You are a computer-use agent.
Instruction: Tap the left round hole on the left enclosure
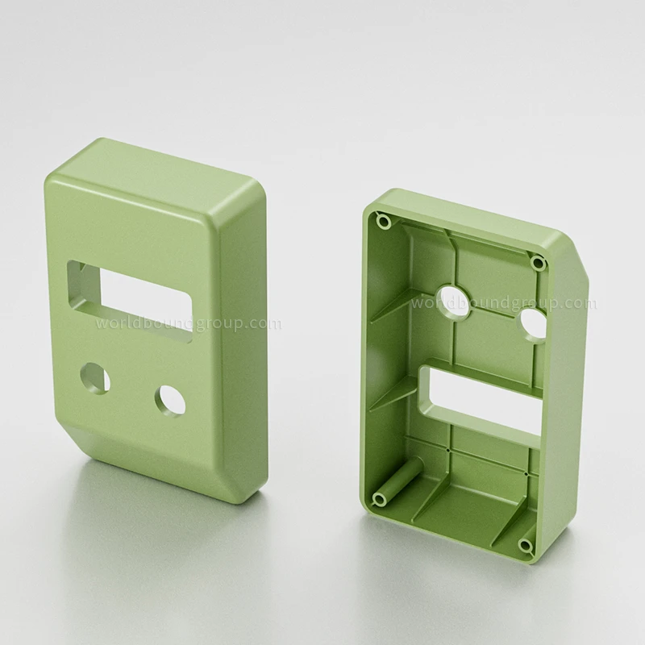(x=98, y=377)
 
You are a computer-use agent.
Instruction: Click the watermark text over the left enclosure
(x=189, y=324)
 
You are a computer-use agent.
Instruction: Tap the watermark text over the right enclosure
(x=503, y=304)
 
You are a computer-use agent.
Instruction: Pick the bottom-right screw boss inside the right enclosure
(x=525, y=547)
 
